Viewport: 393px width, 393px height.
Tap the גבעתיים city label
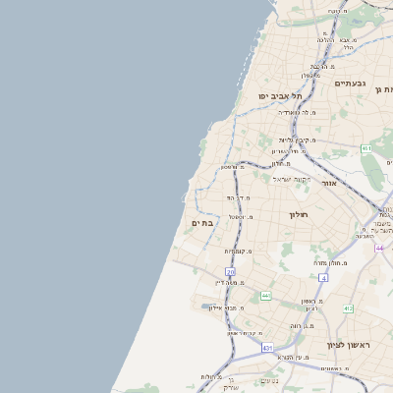349,84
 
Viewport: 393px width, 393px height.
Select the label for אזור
329,183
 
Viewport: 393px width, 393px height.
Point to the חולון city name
298,214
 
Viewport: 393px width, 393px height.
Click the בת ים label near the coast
201,223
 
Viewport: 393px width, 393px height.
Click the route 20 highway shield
230,271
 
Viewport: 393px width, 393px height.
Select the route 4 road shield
323,278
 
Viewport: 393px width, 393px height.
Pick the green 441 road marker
265,295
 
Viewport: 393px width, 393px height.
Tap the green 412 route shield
347,309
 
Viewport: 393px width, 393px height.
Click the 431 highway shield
267,347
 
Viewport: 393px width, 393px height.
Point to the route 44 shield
379,248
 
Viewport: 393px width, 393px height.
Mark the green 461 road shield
365,148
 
